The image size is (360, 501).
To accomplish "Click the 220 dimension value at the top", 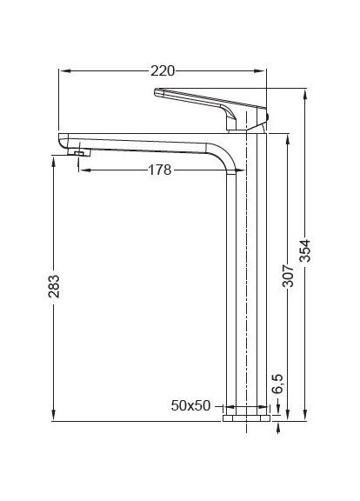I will pyautogui.click(x=163, y=70).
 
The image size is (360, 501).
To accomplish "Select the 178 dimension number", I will pyautogui.click(x=157, y=170).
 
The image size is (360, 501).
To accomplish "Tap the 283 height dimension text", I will pyautogui.click(x=53, y=288).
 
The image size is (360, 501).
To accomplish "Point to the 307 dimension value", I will pyautogui.click(x=288, y=275).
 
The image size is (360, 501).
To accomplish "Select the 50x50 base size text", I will pyautogui.click(x=190, y=406).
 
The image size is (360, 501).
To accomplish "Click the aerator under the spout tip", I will pyautogui.click(x=78, y=154).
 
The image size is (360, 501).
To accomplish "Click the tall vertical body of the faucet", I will pyautogui.click(x=237, y=287).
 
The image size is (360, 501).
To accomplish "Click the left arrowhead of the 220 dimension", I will pyautogui.click(x=62, y=70).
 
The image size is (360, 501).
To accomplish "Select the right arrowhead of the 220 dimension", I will pyautogui.click(x=264, y=70).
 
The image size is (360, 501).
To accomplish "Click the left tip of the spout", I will pyautogui.click(x=60, y=139).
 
